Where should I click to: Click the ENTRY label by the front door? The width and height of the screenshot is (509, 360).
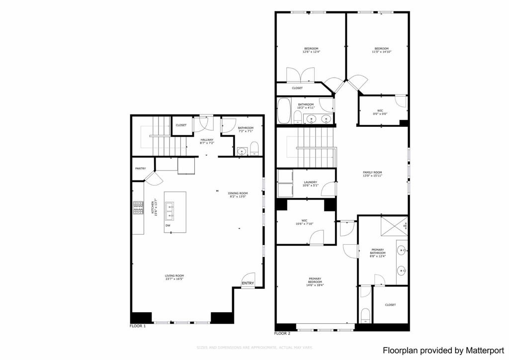(248, 283)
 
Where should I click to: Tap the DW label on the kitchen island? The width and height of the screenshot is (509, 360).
(168, 225)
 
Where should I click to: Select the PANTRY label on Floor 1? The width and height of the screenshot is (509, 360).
(140, 169)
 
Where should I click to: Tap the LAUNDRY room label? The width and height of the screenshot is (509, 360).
(310, 182)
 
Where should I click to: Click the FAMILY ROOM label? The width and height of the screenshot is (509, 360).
(372, 173)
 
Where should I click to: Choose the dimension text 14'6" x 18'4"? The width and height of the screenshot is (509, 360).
(314, 285)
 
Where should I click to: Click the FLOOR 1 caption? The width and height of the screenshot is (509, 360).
(138, 326)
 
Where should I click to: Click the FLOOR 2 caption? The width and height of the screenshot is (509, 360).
(282, 333)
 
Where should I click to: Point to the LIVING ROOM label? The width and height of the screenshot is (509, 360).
(174, 275)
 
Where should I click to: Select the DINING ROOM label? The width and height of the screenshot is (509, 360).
(238, 193)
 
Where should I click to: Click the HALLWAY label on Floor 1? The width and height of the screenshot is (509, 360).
(207, 140)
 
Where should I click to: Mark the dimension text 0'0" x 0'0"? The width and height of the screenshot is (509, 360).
(380, 114)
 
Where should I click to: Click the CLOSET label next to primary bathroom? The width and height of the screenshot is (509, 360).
(390, 305)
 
